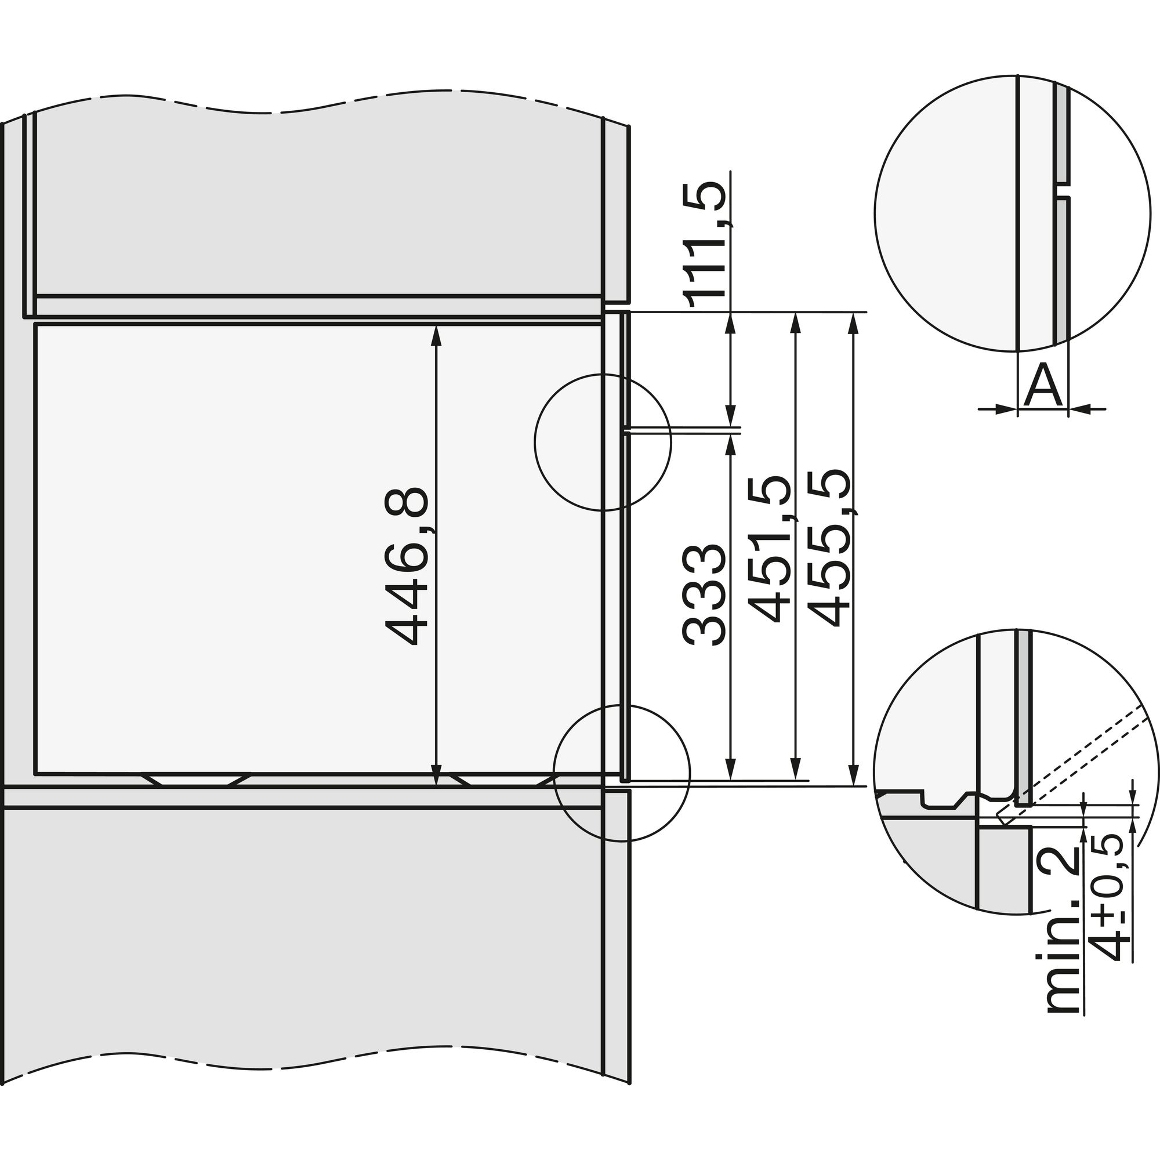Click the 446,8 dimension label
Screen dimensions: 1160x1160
click(x=407, y=566)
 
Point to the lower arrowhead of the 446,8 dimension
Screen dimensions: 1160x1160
click(x=437, y=777)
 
